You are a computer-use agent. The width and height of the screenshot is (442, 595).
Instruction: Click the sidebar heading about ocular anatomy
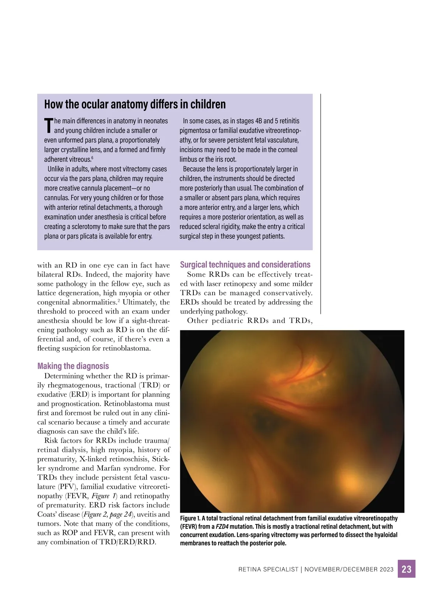[135, 104]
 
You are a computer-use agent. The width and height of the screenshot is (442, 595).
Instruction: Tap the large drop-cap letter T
[48, 125]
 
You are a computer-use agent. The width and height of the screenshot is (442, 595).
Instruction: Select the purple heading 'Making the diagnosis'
[73, 366]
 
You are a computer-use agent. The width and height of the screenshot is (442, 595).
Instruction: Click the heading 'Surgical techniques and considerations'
[245, 264]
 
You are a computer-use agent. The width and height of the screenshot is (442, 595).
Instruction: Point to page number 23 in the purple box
[406, 569]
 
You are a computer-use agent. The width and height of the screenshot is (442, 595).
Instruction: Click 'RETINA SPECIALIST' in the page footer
[268, 569]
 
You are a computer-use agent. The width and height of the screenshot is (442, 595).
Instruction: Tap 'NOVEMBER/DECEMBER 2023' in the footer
[349, 569]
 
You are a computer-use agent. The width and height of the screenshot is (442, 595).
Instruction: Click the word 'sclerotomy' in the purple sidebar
[91, 226]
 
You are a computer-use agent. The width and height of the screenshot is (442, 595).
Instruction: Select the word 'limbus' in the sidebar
[188, 159]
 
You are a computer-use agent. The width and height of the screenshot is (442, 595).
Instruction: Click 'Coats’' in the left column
[48, 514]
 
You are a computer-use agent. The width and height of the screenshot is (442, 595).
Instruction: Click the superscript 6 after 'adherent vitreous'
[92, 158]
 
